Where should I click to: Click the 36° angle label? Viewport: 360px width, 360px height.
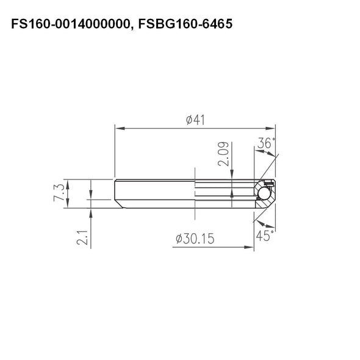pyautogui.click(x=266, y=144)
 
